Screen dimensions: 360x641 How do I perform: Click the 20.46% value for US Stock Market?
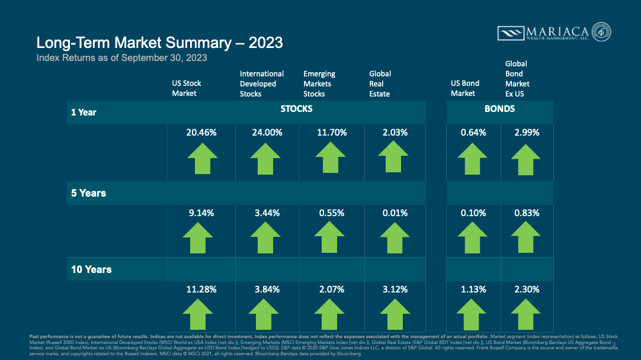201,133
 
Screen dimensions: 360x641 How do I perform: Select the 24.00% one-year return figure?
266,133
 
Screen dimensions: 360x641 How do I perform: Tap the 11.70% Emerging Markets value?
331,133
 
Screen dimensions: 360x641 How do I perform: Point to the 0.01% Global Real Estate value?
395,213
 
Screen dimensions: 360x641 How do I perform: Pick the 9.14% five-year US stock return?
201,213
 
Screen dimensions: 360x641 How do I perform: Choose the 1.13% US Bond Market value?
473,290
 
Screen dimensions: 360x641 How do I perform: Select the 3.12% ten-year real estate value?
395,290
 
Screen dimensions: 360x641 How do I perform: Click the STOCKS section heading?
296,110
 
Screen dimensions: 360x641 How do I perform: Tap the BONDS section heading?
499,109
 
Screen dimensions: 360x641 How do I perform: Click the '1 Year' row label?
84,112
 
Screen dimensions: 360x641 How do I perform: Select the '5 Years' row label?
88,193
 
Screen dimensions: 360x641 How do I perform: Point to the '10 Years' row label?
91,269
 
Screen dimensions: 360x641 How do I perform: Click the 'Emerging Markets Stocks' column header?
319,83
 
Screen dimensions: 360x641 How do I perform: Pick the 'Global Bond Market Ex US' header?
517,78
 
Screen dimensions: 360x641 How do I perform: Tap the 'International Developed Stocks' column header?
262,83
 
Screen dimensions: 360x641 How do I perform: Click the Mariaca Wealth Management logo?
554,33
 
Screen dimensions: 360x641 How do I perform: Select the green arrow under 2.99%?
525,159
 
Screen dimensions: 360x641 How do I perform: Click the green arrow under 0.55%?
331,237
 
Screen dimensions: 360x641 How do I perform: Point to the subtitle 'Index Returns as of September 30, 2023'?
121,58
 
